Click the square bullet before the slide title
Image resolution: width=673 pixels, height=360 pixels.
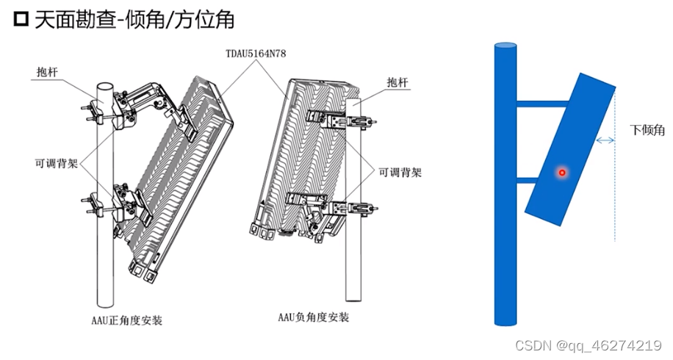coord(21,19)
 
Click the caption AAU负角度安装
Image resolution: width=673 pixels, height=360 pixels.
coord(313,317)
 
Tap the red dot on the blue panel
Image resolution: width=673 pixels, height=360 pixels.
coord(562,173)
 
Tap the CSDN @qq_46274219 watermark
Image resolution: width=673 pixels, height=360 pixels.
coord(589,345)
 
